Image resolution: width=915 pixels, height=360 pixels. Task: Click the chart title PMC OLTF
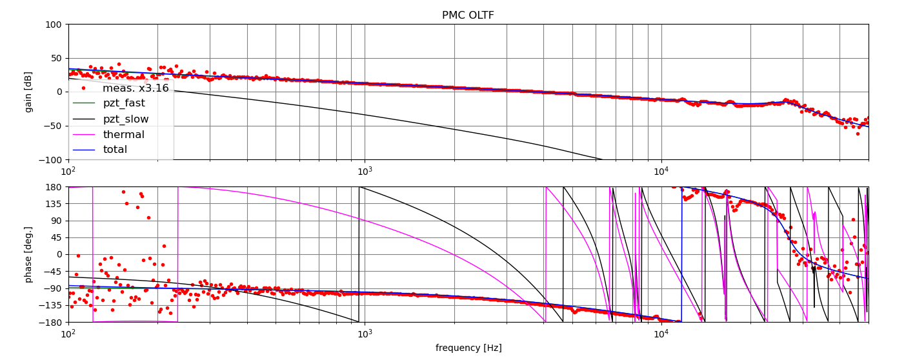pos(468,15)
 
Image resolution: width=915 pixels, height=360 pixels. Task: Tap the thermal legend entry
pos(123,134)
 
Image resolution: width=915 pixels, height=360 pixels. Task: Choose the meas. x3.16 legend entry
pos(135,88)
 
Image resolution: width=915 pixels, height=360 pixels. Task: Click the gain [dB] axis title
pos(29,92)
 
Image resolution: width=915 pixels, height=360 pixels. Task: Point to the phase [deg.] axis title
pos(29,254)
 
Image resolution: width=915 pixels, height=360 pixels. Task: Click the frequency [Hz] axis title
pos(468,348)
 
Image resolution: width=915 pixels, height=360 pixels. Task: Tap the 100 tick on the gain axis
pos(53,25)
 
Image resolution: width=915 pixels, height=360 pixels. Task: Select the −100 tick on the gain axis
pos(50,159)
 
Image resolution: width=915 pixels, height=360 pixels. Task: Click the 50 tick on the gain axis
pos(55,58)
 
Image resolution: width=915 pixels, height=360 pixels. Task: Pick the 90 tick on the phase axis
pos(55,221)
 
